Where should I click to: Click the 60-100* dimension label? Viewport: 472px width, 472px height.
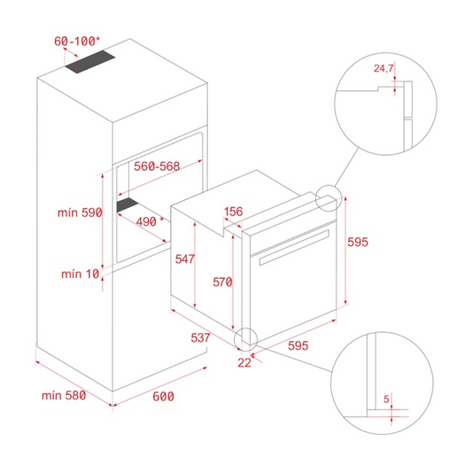pos(77,42)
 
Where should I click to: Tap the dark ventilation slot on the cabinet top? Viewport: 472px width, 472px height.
pos(90,62)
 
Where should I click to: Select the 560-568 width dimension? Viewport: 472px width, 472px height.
pos(157,166)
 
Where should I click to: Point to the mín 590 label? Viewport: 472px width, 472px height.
pos(80,213)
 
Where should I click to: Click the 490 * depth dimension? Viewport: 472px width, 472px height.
pos(150,222)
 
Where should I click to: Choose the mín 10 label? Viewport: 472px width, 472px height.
pos(80,274)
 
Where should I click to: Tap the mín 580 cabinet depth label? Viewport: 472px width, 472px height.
pos(64,395)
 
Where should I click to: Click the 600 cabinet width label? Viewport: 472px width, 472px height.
pos(163,397)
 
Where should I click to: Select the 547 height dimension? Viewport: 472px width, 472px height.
pos(185,259)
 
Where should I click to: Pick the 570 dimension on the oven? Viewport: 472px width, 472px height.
pos(222,282)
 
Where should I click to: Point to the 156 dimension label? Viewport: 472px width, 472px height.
pos(233,212)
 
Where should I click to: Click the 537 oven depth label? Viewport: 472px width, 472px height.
pos(200,337)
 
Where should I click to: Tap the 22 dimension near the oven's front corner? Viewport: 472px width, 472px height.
pos(244,363)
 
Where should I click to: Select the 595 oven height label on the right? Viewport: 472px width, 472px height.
pos(358,242)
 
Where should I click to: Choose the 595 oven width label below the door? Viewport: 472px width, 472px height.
pos(298,345)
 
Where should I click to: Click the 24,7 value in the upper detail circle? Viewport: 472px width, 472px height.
pos(383,69)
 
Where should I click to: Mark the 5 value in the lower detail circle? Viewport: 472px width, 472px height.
pos(386,399)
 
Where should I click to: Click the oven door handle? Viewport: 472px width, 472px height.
pos(294,248)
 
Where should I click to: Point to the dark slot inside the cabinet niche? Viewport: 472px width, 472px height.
pos(128,205)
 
